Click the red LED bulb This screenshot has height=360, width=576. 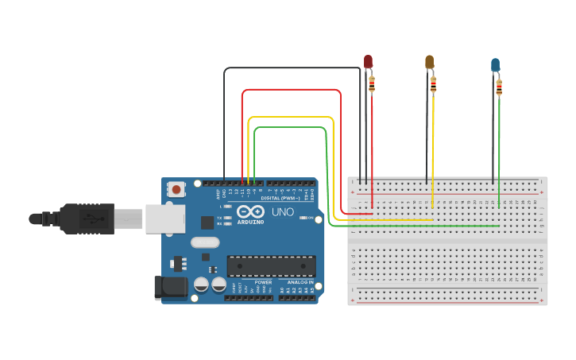pos(368,61)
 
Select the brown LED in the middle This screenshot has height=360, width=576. pos(429,62)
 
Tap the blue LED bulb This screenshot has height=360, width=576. pos(495,64)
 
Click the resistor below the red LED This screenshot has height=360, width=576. pos(372,83)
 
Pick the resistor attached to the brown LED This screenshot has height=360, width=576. pos(433,83)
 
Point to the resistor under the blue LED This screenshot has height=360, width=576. pos(499,86)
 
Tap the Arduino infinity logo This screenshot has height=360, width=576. pos(249,211)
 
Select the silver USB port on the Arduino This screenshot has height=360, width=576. pos(165,219)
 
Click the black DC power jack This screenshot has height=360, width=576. pos(168,287)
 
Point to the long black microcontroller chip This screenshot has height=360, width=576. pos(271,266)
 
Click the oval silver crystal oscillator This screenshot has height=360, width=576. pos(204,242)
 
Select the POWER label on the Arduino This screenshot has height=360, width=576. pos(264,282)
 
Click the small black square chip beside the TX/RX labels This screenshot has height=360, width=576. pos(207,223)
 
